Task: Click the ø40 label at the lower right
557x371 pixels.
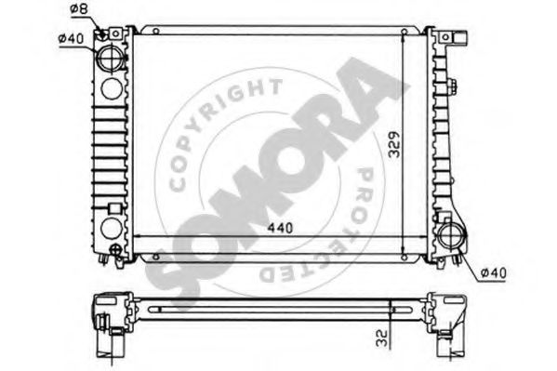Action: pyautogui.click(x=495, y=272)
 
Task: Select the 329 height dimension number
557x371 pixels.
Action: pyautogui.click(x=394, y=144)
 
